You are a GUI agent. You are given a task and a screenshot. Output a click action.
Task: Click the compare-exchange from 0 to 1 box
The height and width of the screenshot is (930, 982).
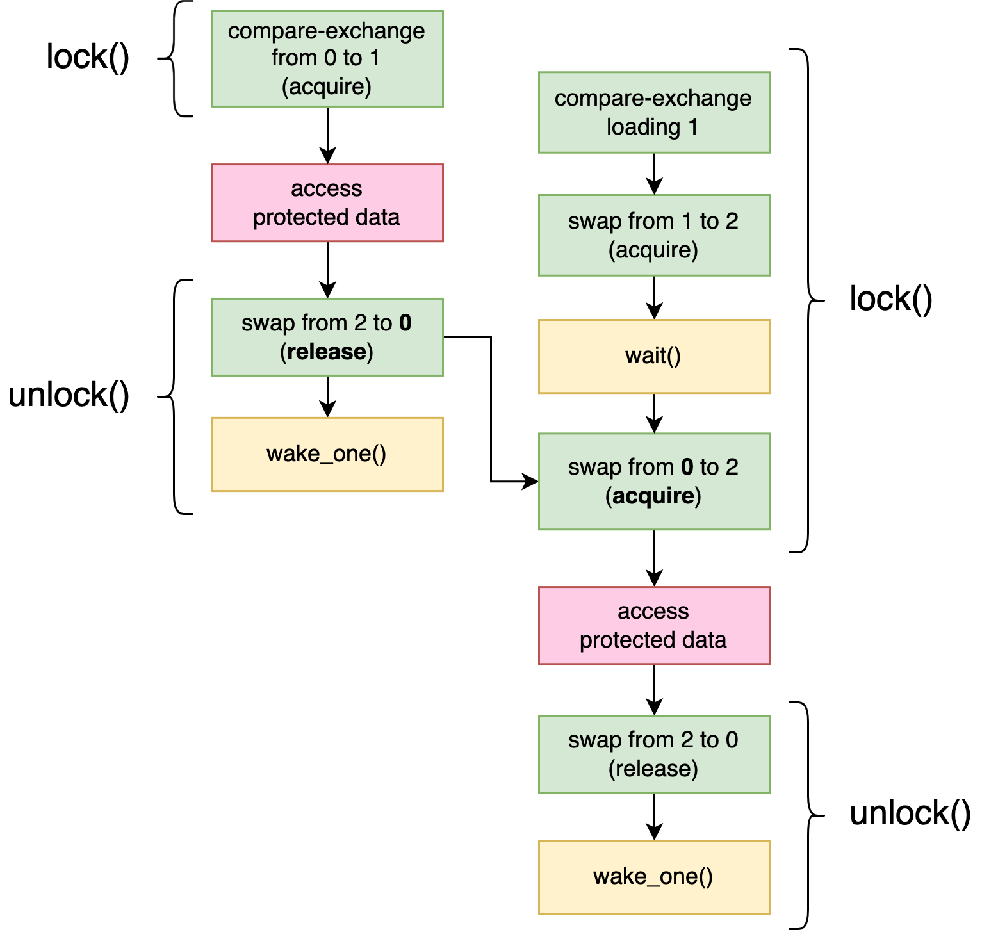[327, 58]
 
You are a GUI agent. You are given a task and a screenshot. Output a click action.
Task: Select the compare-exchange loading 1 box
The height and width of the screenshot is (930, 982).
[653, 113]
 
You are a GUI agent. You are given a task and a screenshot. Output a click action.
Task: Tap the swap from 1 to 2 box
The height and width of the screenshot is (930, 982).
[653, 235]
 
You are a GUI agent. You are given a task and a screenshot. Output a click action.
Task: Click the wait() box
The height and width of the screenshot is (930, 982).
[653, 356]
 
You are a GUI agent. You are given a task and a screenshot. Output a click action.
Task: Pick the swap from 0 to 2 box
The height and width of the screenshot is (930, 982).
[653, 482]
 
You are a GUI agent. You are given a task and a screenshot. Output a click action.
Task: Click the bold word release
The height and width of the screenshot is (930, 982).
[327, 352]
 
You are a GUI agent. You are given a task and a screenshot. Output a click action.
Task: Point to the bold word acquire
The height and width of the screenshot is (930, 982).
[653, 496]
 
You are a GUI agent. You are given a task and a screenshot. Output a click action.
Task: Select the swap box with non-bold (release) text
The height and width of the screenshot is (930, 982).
[653, 754]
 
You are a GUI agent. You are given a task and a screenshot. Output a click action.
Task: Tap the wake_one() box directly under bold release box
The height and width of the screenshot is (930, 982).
[327, 454]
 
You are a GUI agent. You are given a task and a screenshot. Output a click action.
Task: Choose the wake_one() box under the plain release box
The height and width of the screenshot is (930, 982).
[653, 877]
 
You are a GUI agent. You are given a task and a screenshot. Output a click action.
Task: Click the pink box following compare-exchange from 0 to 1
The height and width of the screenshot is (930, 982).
[327, 203]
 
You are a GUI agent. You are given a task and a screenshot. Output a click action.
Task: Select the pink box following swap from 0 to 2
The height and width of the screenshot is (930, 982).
[653, 626]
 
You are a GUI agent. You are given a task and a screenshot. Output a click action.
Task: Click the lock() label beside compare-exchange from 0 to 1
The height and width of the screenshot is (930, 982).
[88, 58]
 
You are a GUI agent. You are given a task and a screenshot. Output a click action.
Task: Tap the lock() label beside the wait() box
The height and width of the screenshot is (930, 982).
[890, 299]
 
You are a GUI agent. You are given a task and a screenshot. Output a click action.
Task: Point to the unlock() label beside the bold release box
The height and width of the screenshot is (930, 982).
[69, 395]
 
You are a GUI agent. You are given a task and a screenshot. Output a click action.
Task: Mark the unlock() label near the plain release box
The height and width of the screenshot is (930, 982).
[910, 813]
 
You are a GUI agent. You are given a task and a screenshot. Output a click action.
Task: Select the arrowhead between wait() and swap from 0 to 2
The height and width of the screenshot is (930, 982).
[654, 424]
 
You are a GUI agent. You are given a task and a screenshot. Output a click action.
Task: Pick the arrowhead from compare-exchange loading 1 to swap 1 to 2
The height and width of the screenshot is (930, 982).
[654, 185]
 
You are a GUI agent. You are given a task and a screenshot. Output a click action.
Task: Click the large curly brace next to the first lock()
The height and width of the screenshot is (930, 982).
[176, 59]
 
